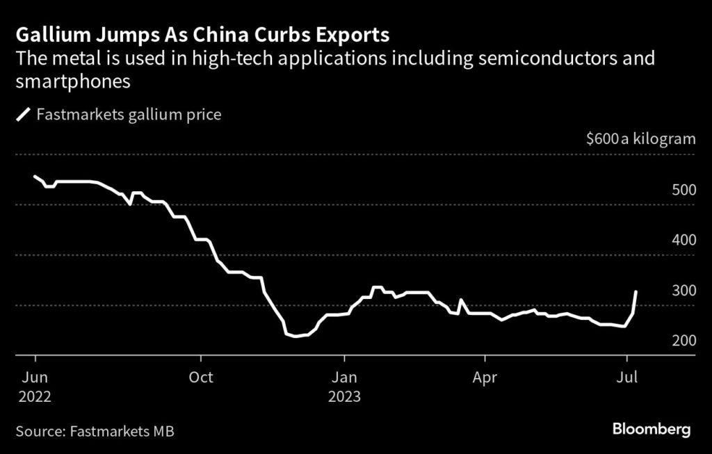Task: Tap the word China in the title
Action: click(x=205, y=34)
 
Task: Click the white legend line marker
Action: click(x=23, y=115)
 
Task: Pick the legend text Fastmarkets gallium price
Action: click(x=129, y=115)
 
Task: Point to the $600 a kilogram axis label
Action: click(x=640, y=138)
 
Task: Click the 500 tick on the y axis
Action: click(x=683, y=190)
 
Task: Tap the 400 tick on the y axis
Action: click(x=683, y=241)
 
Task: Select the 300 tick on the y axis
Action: click(x=683, y=291)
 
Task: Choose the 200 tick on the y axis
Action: click(x=683, y=341)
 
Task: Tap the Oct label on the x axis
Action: click(x=201, y=378)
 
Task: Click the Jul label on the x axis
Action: click(x=628, y=378)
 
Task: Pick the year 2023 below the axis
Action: click(x=346, y=397)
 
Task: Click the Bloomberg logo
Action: click(x=652, y=430)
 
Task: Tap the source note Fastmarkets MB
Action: click(x=122, y=431)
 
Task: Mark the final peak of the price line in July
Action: click(x=636, y=292)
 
